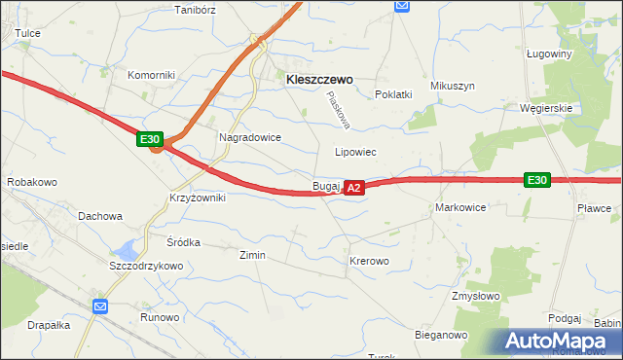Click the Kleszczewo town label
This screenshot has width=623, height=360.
pyautogui.click(x=319, y=82)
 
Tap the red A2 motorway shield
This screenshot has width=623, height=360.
pyautogui.click(x=354, y=186)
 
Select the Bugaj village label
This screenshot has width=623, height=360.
pyautogui.click(x=325, y=185)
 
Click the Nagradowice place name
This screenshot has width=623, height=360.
pyautogui.click(x=250, y=138)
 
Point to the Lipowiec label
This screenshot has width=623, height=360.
pyautogui.click(x=355, y=153)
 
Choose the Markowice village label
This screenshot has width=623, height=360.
pyautogui.click(x=460, y=208)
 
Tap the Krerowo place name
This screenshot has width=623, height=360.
pyautogui.click(x=369, y=262)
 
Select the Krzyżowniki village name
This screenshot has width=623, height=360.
pyautogui.click(x=198, y=198)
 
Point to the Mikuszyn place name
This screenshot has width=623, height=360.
pyautogui.click(x=453, y=86)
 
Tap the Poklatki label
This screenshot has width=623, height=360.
pyautogui.click(x=394, y=94)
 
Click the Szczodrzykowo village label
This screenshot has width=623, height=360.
pyautogui.click(x=147, y=266)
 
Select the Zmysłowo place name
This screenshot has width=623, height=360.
pyautogui.click(x=475, y=295)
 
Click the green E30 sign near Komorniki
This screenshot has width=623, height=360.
pyautogui.click(x=149, y=140)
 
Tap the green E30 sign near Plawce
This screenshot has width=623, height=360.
pyautogui.click(x=536, y=180)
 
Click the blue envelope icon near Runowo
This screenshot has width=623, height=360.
pyautogui.click(x=100, y=306)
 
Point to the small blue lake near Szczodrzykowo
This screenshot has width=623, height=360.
pyautogui.click(x=128, y=249)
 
